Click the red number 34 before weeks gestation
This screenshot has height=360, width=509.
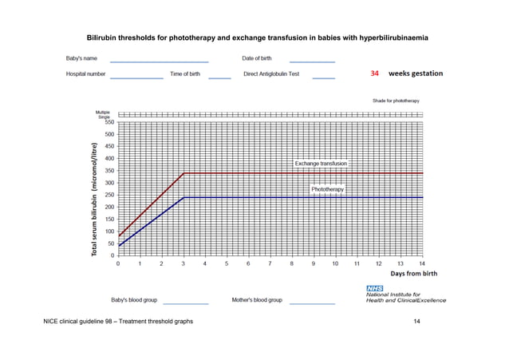375,73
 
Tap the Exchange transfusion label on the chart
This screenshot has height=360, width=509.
321,163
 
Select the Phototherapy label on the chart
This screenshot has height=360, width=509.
328,189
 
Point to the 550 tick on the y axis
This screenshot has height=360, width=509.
109,122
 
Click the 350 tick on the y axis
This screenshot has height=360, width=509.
109,171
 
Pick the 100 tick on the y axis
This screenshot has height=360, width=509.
109,231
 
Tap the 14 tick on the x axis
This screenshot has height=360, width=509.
422,263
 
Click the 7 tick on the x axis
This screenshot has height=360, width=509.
270,263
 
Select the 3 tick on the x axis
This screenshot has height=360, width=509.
183,263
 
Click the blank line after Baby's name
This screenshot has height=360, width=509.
159,61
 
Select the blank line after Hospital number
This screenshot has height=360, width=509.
136,77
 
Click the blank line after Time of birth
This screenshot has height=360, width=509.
219,77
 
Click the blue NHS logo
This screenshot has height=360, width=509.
374,287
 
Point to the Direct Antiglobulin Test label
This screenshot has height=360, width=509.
270,73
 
